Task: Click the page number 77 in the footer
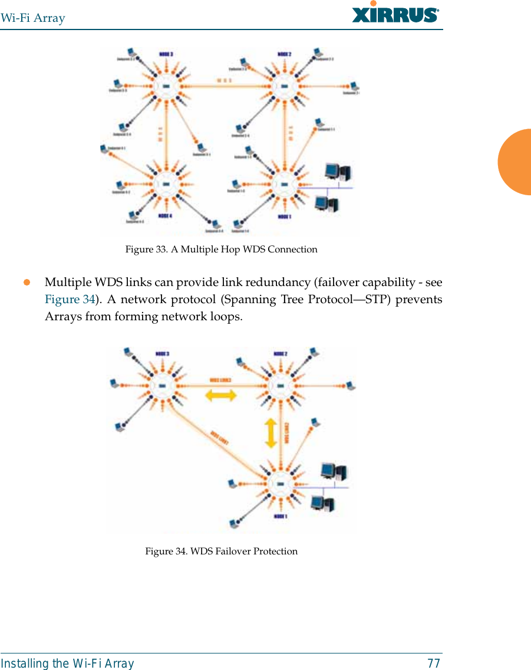click(433, 664)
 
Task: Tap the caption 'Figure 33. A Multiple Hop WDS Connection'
click(221, 249)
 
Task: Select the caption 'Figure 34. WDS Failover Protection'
click(221, 551)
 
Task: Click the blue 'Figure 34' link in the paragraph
click(70, 299)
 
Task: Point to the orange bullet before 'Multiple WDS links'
click(27, 282)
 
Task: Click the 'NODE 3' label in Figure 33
click(166, 54)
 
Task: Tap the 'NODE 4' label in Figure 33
click(165, 216)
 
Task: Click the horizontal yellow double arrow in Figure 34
click(220, 395)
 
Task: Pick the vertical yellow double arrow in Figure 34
click(271, 432)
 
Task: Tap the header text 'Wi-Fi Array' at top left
click(33, 18)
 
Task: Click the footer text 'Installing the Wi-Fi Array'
click(67, 664)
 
